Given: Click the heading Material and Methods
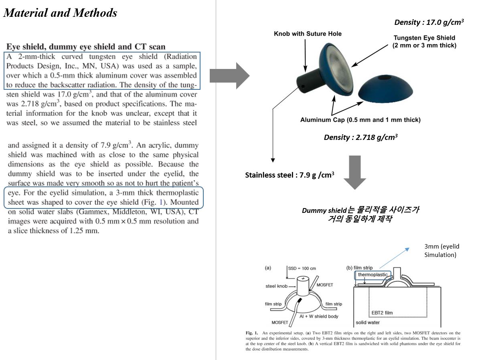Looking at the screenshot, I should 60,13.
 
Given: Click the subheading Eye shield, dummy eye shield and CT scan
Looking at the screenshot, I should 86,47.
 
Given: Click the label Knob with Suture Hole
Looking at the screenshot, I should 308,34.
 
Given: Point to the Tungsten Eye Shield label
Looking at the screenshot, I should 424,41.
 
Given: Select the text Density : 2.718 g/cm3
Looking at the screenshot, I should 361,137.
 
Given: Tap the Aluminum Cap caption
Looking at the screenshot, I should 361,119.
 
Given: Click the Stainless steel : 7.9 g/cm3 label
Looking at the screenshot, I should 290,175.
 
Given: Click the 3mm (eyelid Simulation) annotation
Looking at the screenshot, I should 440,251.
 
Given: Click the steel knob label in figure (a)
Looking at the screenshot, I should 276,286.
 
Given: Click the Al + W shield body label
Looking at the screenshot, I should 319,316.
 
